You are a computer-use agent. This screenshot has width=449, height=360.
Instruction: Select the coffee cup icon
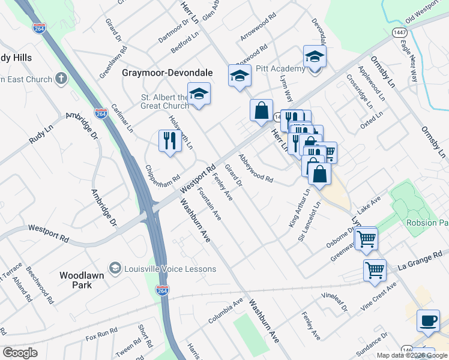(428, 321)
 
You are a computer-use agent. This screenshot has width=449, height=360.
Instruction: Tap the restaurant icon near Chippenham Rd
(170, 141)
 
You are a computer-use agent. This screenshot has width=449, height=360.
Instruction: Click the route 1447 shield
(399, 32)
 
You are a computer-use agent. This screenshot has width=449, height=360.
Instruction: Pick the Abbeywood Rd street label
(256, 169)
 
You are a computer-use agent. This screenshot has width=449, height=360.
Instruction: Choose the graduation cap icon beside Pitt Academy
(314, 57)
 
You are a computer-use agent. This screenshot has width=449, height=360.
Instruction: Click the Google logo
(20, 353)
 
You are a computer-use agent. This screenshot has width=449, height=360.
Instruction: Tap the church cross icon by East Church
(61, 79)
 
